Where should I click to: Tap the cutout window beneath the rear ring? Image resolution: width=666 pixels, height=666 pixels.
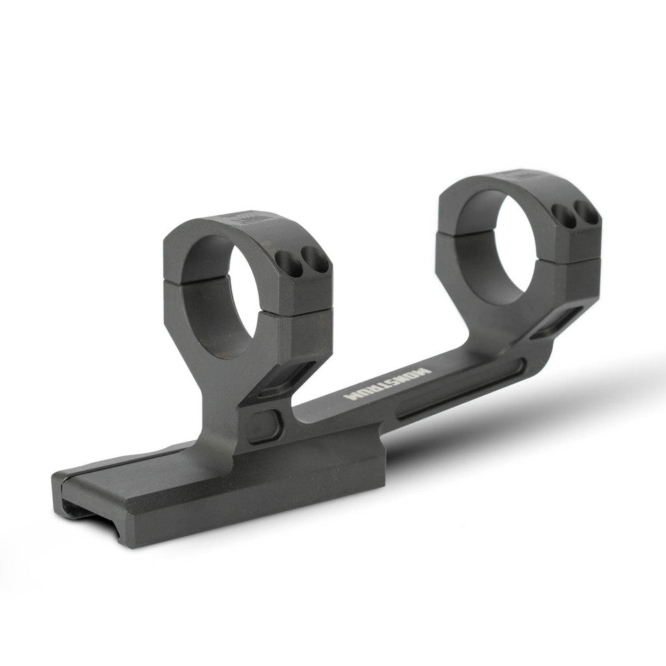[555, 323]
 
